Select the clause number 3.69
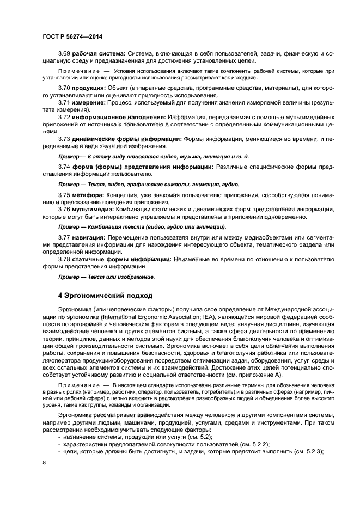[64, 53]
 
